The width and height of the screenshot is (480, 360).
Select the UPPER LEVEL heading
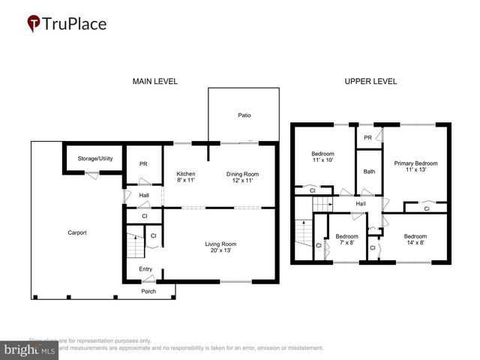pos(370,81)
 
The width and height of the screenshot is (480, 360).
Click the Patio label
pos(244,115)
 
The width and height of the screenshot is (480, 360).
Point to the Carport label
pos(76,232)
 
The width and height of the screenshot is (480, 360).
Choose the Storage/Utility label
pos(95,159)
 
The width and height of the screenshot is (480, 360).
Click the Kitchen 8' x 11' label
pos(184,178)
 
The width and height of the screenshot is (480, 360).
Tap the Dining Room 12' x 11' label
pos(242,178)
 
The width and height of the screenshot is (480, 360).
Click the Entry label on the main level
pos(145,269)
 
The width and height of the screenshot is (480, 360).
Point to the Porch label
pos(148,291)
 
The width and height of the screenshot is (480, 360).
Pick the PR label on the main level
pos(143,165)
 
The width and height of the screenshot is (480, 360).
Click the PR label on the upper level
pos(368,138)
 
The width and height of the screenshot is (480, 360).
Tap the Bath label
pos(369,172)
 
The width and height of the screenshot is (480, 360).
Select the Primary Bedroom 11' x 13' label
pos(415,166)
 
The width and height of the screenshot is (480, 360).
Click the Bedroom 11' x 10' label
pos(322,157)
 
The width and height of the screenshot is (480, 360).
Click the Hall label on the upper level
pos(361,203)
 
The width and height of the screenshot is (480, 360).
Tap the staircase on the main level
pos(133,245)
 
